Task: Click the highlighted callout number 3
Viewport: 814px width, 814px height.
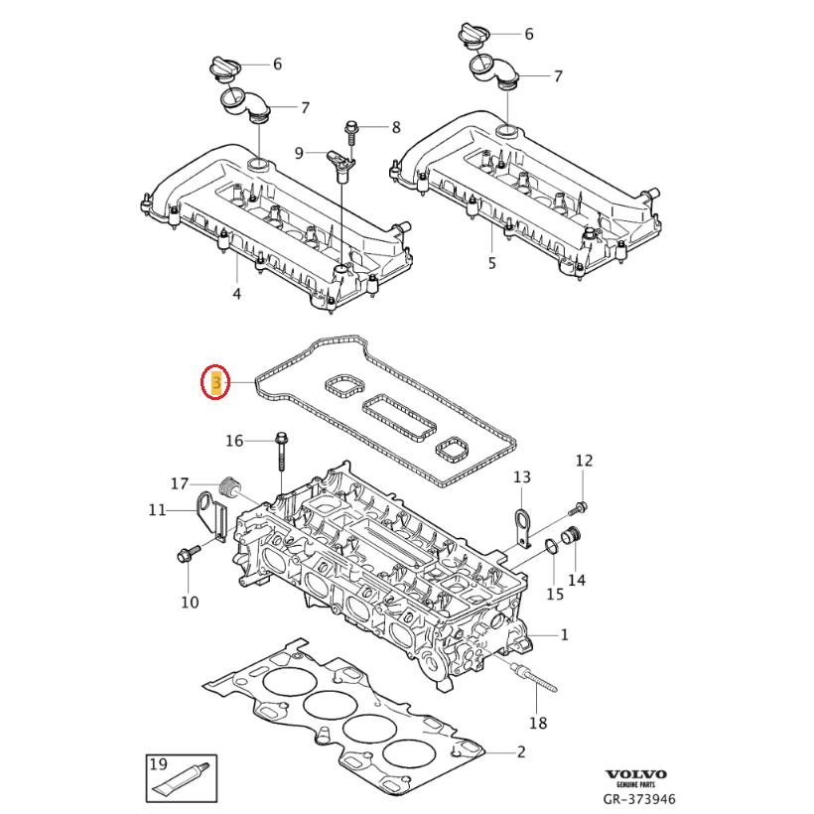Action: click(215, 382)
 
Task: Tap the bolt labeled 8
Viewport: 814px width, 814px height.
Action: click(351, 127)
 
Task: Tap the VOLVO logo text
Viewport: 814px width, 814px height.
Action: click(636, 774)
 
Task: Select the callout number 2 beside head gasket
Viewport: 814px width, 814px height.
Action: click(520, 751)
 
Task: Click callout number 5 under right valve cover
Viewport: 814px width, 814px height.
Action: click(490, 263)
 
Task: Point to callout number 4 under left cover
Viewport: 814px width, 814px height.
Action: click(236, 294)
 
